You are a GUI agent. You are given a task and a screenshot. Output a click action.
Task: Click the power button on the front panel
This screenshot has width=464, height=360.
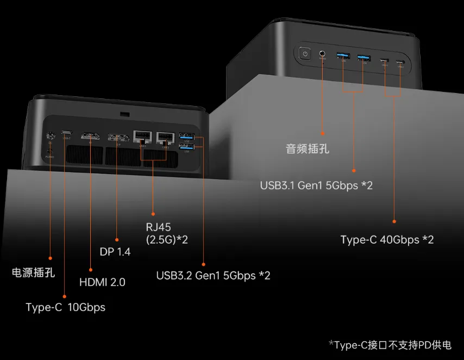coord(305,53)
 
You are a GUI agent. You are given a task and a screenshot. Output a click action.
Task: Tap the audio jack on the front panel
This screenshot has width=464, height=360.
coord(323,54)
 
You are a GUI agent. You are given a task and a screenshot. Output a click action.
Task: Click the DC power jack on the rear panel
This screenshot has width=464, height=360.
coord(51,138)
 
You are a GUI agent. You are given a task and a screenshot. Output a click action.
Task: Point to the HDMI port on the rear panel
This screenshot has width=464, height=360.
coord(90,136)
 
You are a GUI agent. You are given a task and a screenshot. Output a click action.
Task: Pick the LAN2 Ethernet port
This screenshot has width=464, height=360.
coord(165,137)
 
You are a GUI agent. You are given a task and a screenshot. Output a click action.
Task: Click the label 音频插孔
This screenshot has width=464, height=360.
coord(308,148)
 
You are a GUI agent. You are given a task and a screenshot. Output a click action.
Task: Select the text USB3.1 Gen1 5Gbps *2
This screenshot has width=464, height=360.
coord(316,185)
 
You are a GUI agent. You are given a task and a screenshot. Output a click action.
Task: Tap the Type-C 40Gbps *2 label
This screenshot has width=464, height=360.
coord(387,239)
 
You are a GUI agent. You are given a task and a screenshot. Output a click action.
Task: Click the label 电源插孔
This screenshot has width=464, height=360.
coord(33,272)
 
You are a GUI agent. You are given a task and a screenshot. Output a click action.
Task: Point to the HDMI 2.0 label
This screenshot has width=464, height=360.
coord(102,282)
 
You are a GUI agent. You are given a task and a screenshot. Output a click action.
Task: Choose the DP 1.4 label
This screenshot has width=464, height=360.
coord(115,252)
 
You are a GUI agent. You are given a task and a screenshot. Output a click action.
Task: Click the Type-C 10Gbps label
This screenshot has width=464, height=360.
coord(65,307)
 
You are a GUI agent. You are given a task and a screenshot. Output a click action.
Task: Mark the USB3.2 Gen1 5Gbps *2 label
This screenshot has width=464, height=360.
coord(213,276)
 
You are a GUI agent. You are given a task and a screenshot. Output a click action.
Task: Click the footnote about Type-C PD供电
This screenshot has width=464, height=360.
coord(390,345)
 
